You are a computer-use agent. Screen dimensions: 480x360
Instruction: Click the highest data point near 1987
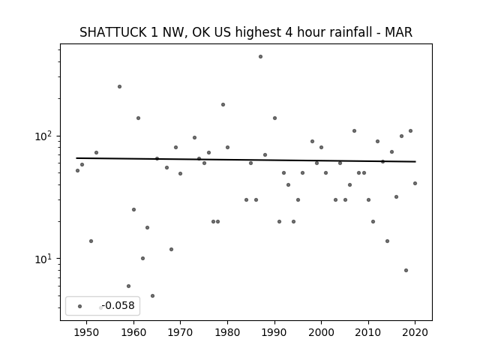(x=260, y=57)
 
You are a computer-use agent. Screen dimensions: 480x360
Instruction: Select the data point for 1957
(x=120, y=87)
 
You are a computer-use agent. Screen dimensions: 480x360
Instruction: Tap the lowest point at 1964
(x=152, y=296)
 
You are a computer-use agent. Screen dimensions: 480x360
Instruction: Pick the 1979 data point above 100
(x=223, y=105)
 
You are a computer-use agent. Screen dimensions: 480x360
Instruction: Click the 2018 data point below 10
(x=406, y=270)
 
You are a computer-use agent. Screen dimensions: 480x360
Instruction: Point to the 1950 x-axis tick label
(x=87, y=332)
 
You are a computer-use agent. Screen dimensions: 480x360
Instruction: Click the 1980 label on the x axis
(x=227, y=332)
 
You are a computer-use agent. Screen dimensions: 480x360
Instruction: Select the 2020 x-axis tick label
(x=415, y=332)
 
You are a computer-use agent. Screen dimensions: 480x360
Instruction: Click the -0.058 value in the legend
(x=118, y=305)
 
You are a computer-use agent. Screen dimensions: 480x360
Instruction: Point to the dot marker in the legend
(x=80, y=306)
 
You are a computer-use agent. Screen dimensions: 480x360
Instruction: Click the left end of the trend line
(x=76, y=158)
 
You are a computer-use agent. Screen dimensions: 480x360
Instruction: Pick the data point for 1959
(x=128, y=286)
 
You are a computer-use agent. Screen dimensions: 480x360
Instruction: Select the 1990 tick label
(x=274, y=332)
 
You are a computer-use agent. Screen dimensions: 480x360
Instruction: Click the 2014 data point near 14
(x=387, y=241)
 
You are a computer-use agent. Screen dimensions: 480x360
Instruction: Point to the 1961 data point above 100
(x=138, y=118)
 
